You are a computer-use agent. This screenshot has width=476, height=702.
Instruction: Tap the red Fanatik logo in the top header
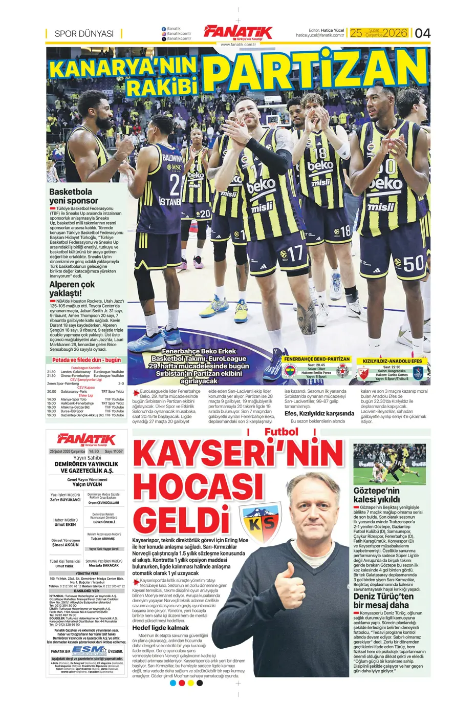pyautogui.click(x=238, y=32)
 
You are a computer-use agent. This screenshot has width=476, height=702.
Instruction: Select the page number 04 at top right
pyautogui.click(x=422, y=33)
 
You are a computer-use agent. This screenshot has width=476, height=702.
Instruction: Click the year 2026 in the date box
pyautogui.click(x=395, y=33)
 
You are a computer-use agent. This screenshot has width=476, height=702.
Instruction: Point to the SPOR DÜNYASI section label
pyautogui.click(x=84, y=34)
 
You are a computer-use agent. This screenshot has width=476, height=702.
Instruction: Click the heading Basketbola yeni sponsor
pyautogui.click(x=74, y=196)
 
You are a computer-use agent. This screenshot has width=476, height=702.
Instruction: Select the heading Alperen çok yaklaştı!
pyautogui.click(x=72, y=288)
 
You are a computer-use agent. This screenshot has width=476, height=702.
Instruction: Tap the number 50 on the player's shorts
pyautogui.click(x=414, y=263)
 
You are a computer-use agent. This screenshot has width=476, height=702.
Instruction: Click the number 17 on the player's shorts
pyautogui.click(x=295, y=253)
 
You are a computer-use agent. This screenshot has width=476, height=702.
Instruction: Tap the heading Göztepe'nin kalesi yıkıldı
pyautogui.click(x=377, y=495)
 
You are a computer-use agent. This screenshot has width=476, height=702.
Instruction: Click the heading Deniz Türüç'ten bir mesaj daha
pyautogui.click(x=383, y=601)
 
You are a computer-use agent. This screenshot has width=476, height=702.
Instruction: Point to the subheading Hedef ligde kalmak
pyautogui.click(x=161, y=628)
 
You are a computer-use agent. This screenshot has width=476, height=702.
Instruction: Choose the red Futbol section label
pyautogui.click(x=281, y=432)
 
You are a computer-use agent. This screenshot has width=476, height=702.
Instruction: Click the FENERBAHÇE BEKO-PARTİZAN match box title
pyautogui.click(x=317, y=359)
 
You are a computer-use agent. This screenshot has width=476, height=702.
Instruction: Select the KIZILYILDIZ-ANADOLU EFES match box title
pyautogui.click(x=392, y=361)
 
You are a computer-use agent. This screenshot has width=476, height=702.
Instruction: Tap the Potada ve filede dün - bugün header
pyautogui.click(x=86, y=360)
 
